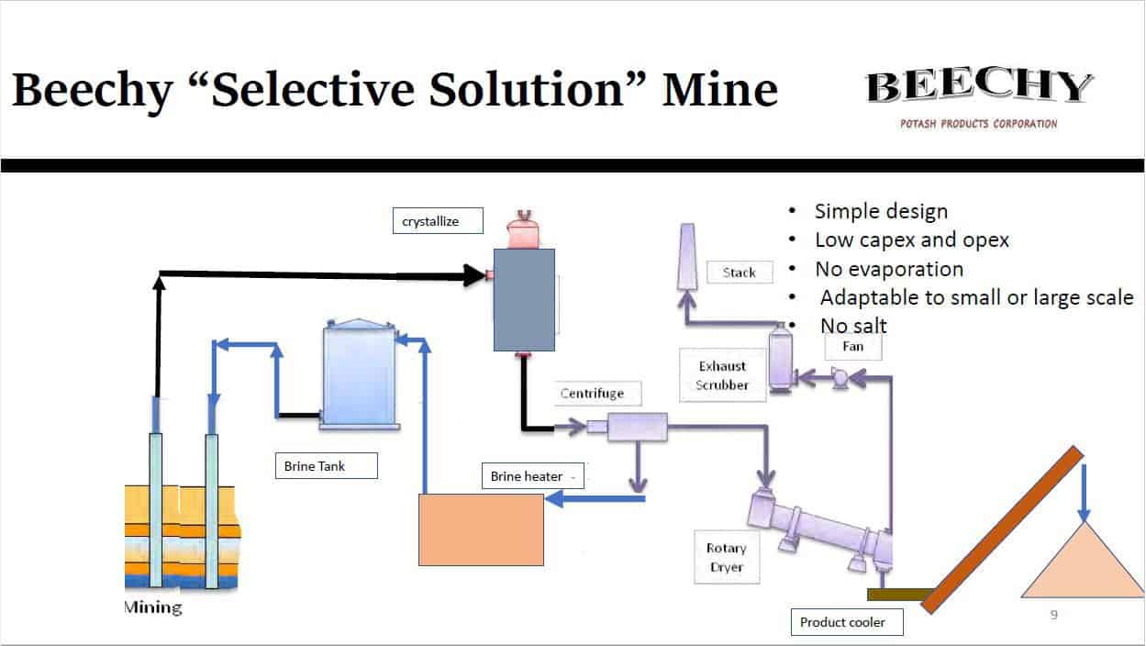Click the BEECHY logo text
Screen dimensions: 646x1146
979,88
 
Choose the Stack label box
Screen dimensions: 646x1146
740,273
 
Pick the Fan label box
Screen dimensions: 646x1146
852,347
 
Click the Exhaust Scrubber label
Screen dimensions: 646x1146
722,375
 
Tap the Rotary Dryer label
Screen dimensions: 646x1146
726,557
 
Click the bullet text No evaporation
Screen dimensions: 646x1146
889,269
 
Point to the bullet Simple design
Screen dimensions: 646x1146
881,211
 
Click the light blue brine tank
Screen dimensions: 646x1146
359,373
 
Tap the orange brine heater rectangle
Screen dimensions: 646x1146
481,529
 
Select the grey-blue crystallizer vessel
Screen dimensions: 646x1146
524,299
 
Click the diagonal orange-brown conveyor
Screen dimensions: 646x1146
1003,529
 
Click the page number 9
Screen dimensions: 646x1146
1053,615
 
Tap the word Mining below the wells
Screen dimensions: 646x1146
153,607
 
